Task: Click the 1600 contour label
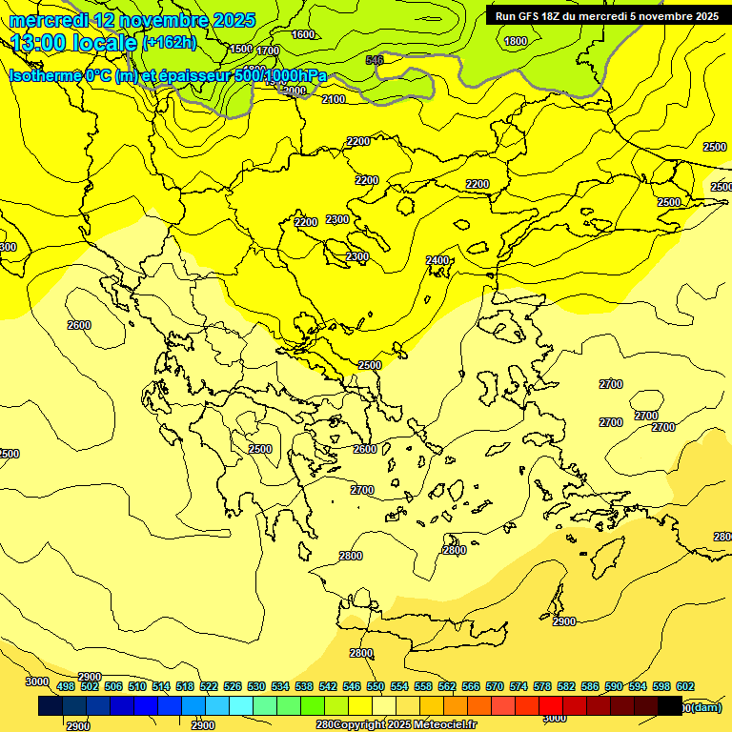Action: click(303, 34)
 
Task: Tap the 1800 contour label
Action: click(516, 41)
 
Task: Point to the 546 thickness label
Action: click(375, 60)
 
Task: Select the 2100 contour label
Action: click(334, 99)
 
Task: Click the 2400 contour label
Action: click(437, 260)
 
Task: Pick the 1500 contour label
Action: click(241, 49)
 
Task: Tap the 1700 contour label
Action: click(268, 51)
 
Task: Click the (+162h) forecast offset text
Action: click(169, 43)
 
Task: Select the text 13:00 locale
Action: click(73, 43)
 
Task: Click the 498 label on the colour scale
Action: click(65, 686)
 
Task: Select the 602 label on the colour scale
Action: click(684, 686)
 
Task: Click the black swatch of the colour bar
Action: click(670, 706)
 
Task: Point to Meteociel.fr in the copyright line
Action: click(444, 725)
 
